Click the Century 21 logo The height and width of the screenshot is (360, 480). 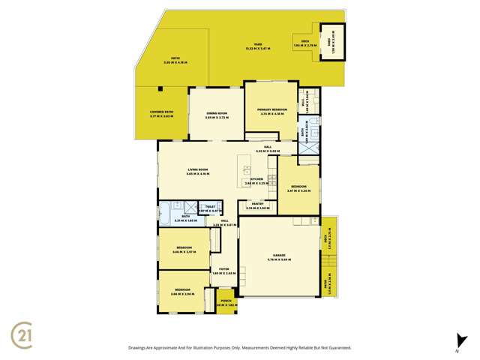tap(25, 331)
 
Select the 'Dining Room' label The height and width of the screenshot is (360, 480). tap(217, 114)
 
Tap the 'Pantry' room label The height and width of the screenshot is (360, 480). tap(257, 204)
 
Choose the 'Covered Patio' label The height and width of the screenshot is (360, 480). tap(162, 112)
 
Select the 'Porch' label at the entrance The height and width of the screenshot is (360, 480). tap(226, 302)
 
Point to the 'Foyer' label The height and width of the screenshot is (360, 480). tap(223, 268)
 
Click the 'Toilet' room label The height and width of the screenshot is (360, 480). tap(210, 206)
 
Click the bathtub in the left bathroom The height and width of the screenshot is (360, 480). tap(165, 209)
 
